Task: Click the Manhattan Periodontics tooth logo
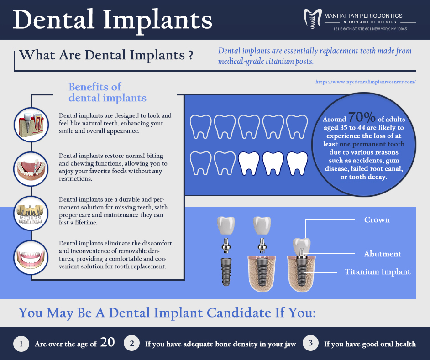click(312, 19)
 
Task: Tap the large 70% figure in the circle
click(362, 117)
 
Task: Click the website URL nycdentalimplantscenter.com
click(366, 82)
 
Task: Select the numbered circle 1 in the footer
click(21, 344)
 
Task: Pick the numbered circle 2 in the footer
click(132, 343)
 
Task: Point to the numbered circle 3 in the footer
click(311, 343)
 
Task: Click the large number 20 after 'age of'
click(107, 342)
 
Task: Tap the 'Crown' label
click(377, 219)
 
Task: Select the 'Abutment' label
click(383, 254)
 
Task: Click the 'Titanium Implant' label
click(378, 272)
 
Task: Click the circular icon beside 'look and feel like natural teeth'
click(31, 125)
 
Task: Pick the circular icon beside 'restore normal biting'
click(31, 169)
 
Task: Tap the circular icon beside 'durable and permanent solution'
click(31, 214)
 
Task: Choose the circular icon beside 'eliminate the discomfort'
click(31, 257)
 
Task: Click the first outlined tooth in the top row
click(201, 127)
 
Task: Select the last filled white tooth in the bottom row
click(297, 163)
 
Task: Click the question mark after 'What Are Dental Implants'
click(191, 55)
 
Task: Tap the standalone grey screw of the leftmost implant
click(226, 272)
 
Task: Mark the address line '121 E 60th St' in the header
click(370, 29)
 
